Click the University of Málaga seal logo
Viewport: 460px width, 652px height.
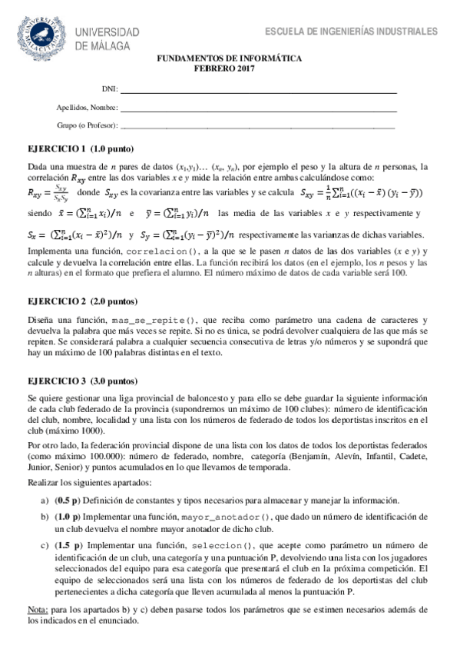(x=44, y=35)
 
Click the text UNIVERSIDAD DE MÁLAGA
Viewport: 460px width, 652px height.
(x=107, y=38)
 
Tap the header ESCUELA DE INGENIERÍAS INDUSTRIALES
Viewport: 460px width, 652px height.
(x=351, y=32)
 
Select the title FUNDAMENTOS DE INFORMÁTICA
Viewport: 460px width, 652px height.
(x=230, y=58)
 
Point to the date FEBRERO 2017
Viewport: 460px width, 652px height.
(x=230, y=68)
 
